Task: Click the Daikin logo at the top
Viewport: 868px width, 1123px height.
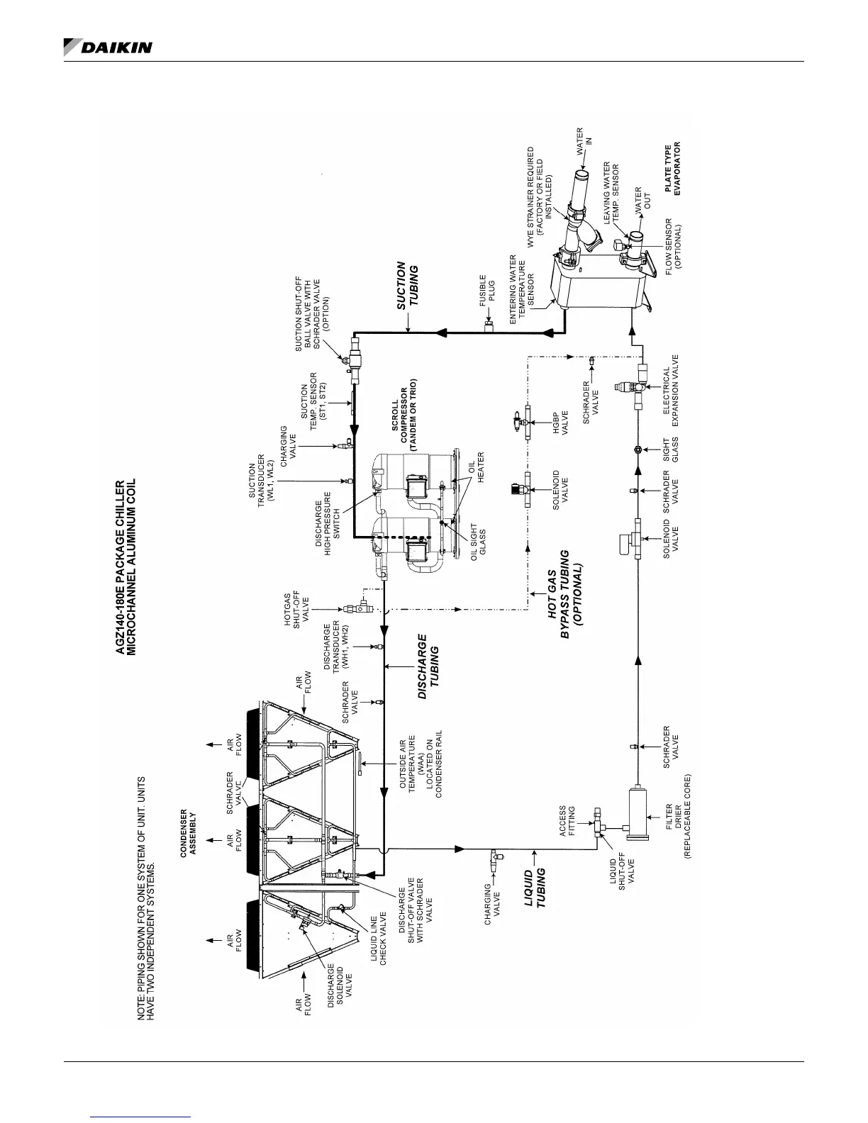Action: click(x=108, y=47)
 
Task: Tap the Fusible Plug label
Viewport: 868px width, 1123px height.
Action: click(x=487, y=290)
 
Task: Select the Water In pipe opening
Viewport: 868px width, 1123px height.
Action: click(x=581, y=175)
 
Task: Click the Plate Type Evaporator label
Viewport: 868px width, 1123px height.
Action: click(x=672, y=169)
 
